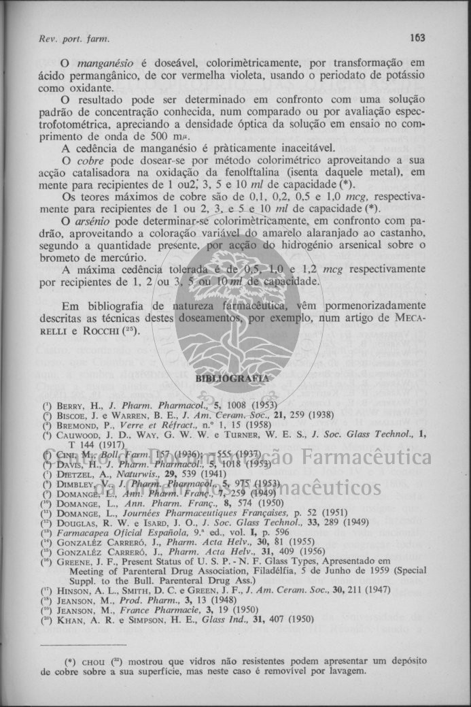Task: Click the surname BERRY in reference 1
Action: (71, 404)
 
